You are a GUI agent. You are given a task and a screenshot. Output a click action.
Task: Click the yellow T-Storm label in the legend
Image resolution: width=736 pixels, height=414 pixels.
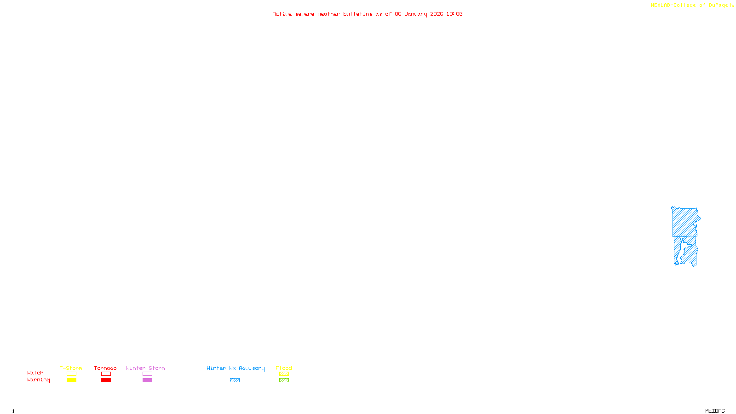pyautogui.click(x=71, y=368)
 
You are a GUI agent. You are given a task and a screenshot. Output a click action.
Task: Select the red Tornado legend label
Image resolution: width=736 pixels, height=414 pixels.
pyautogui.click(x=105, y=368)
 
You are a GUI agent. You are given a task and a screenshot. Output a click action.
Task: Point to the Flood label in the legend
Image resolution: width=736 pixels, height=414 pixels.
pyautogui.click(x=284, y=368)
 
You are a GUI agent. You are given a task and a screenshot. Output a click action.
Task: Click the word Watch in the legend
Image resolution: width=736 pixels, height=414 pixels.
pyautogui.click(x=35, y=373)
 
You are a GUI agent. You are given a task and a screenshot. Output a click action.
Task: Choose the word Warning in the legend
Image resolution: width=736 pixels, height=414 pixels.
pyautogui.click(x=39, y=380)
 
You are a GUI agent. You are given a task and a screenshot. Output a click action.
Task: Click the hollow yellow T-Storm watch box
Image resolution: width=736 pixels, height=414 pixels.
pyautogui.click(x=71, y=374)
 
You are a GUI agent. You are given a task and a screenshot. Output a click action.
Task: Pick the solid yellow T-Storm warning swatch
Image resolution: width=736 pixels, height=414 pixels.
pyautogui.click(x=71, y=380)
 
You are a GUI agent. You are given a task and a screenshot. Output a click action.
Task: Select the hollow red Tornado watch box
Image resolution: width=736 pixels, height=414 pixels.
pyautogui.click(x=106, y=374)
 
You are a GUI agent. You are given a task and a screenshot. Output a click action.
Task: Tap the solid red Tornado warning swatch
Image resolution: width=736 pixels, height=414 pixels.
pyautogui.click(x=106, y=380)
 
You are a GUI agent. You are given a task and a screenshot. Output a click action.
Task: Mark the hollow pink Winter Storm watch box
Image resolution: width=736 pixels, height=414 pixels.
pyautogui.click(x=147, y=374)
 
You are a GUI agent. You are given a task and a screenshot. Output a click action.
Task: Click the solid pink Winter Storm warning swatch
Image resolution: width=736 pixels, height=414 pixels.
pyautogui.click(x=147, y=380)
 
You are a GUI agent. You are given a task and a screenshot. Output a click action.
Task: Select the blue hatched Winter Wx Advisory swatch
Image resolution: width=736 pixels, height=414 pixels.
pyautogui.click(x=235, y=380)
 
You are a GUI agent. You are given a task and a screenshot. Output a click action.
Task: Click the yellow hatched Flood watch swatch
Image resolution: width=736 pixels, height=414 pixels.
pyautogui.click(x=284, y=374)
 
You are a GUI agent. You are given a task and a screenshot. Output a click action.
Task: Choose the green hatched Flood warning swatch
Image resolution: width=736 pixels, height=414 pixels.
pyautogui.click(x=284, y=380)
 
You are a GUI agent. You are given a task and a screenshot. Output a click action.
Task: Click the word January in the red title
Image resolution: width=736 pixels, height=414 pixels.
pyautogui.click(x=416, y=14)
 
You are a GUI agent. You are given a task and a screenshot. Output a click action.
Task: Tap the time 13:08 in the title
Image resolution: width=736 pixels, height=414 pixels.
pyautogui.click(x=454, y=14)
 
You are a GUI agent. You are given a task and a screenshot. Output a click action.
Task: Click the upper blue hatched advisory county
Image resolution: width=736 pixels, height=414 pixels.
pyautogui.click(x=685, y=222)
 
